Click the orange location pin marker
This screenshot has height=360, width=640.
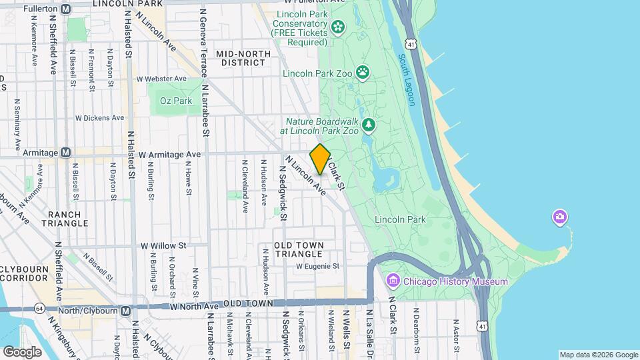[320, 159]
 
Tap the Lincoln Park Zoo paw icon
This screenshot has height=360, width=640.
[363, 72]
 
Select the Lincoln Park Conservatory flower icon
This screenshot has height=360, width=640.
[338, 27]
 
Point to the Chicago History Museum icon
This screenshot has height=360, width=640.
[393, 281]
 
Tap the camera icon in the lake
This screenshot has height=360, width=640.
[560, 217]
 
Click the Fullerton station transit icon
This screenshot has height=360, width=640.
[65, 9]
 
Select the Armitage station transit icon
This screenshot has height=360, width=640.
[65, 153]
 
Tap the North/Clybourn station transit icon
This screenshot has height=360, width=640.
[126, 311]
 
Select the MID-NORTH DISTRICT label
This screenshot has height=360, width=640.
[243, 58]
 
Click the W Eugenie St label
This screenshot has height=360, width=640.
[317, 266]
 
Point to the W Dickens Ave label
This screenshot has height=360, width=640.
[99, 118]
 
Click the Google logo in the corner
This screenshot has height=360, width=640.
[22, 351]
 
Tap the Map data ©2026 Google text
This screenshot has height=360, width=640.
[597, 355]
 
